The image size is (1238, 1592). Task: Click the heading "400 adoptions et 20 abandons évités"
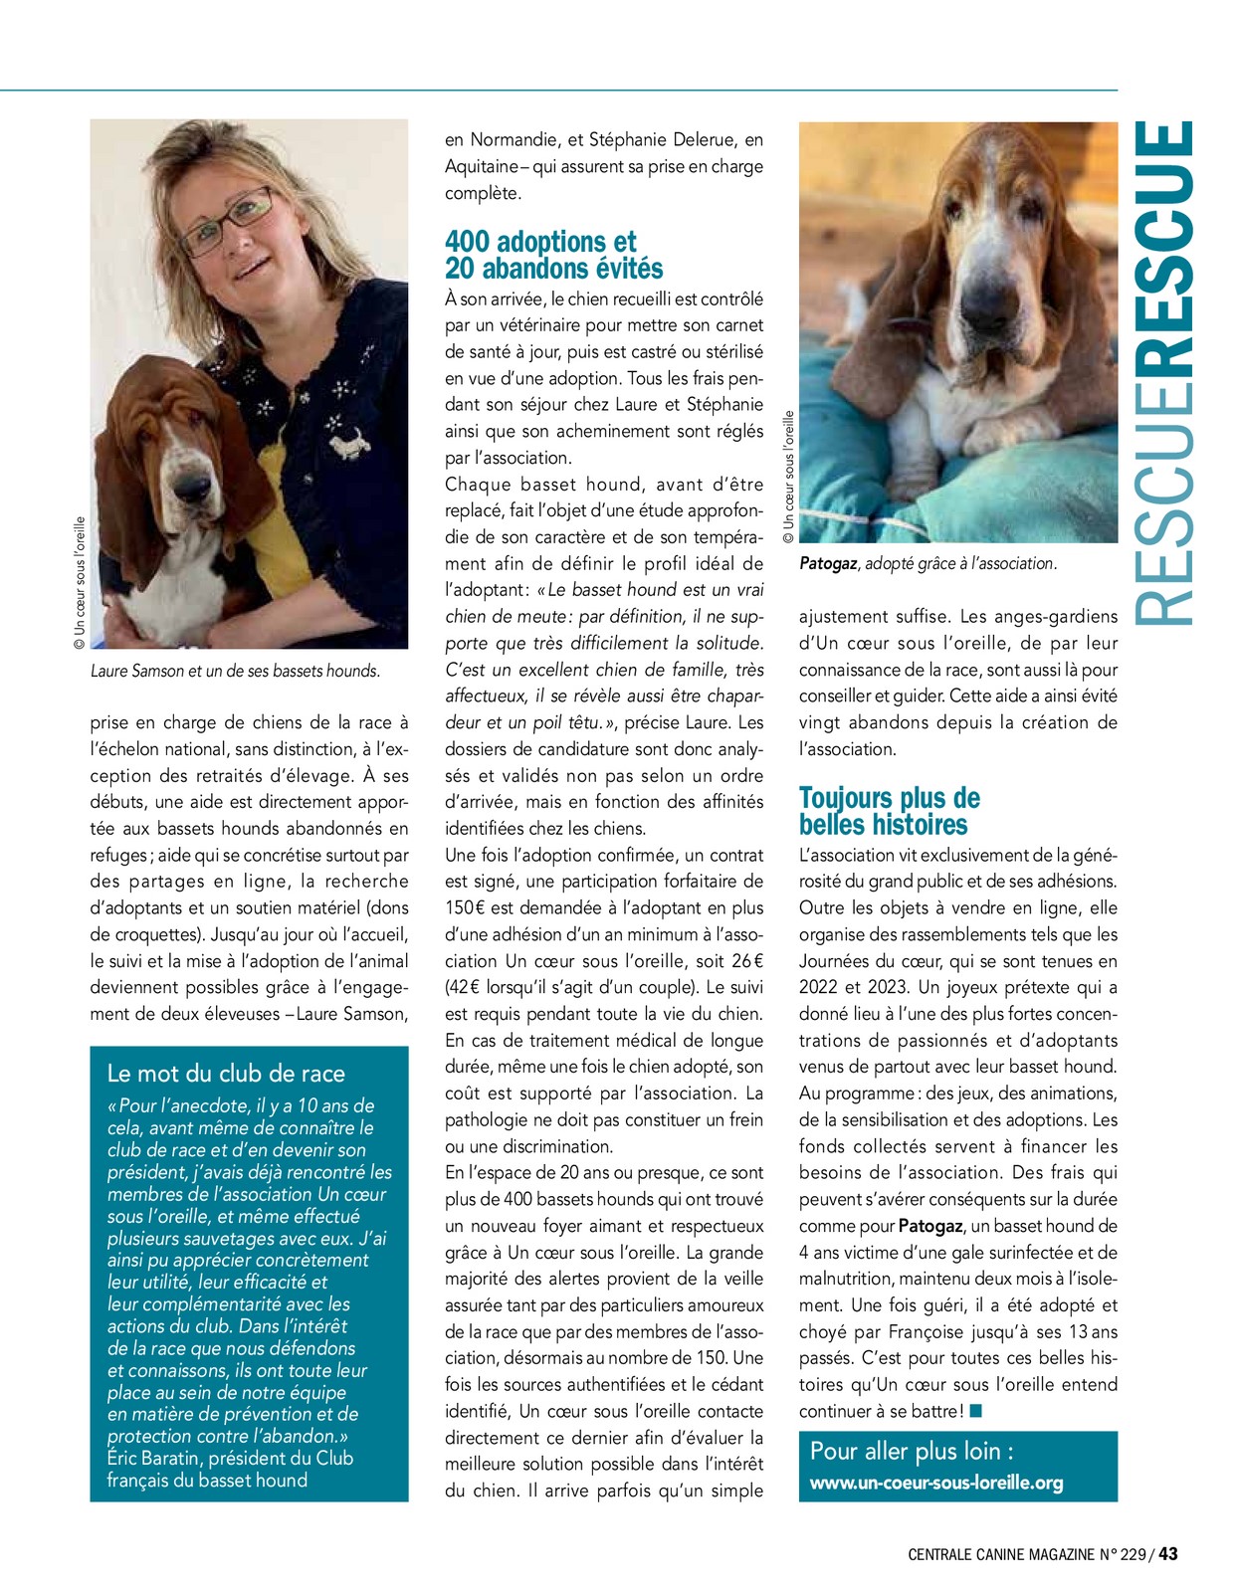553,255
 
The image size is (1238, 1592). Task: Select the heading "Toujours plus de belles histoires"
889,811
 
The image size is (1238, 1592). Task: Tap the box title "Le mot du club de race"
226,1073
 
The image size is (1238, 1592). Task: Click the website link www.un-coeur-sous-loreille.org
936,1483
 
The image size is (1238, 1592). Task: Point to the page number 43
1168,1554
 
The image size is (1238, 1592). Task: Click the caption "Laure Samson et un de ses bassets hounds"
235,671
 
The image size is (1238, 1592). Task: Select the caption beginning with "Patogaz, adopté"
928,563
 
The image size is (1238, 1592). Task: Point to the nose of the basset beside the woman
191,489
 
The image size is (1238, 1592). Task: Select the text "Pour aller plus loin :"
912,1451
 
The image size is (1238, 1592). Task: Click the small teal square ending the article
975,1411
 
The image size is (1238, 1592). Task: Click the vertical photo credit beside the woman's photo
80,583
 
